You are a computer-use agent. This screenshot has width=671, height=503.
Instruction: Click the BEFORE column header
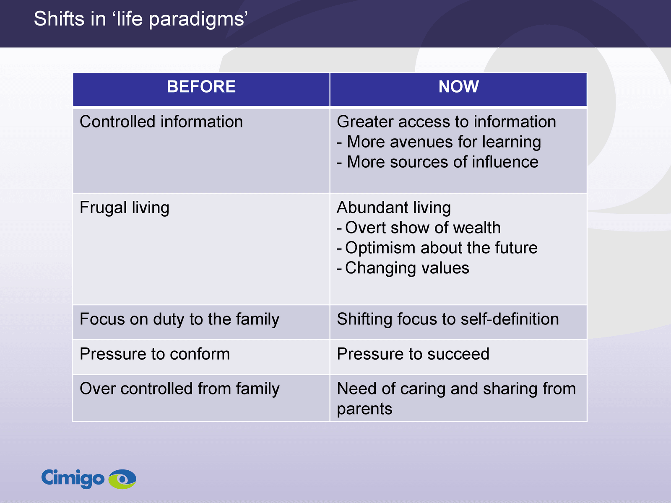point(201,86)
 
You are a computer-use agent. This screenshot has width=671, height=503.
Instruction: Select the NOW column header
point(458,86)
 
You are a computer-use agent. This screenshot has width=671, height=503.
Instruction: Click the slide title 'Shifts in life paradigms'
point(140,19)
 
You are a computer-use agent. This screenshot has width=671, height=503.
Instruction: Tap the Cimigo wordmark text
point(73,479)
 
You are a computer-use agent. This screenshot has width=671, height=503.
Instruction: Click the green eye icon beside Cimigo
point(122,479)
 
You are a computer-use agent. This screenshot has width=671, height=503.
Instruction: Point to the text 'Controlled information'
point(161,122)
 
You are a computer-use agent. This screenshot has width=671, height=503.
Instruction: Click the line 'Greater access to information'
point(446,122)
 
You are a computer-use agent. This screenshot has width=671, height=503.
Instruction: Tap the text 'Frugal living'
point(125,208)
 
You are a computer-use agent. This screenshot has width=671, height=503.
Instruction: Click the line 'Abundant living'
point(394,208)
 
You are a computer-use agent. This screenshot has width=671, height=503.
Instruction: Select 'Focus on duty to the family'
point(179,319)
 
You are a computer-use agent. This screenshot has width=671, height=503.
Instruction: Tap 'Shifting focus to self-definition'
point(448,319)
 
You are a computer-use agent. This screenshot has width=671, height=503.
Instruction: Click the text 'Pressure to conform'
point(155,354)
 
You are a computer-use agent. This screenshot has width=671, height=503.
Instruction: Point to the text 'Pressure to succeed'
point(413,354)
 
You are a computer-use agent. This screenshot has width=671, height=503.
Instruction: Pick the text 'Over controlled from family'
point(179,389)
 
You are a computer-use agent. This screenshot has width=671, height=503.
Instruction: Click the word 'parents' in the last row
point(364,409)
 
